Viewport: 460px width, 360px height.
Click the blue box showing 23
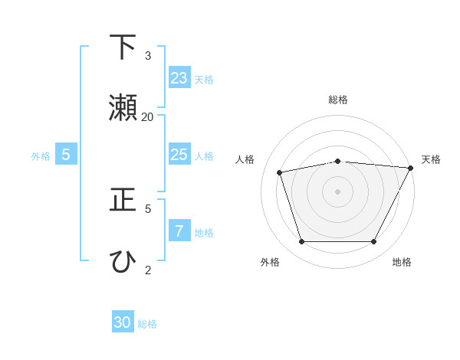pos(179,78)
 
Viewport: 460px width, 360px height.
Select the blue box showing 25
pos(179,155)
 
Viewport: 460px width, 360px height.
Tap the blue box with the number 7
pos(179,231)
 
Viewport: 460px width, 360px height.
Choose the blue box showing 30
pos(123,322)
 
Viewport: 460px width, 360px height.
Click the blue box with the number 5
pos(66,155)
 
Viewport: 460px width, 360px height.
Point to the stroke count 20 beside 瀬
pos(148,116)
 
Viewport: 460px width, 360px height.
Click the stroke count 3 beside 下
pos(148,55)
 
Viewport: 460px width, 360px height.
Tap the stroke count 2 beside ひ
pos(148,270)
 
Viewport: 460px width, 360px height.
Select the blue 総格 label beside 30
pos(147,324)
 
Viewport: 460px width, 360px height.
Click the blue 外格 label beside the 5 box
pos(41,156)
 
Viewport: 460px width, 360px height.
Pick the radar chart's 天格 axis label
pos(431,159)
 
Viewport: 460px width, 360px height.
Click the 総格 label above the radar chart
pos(337,100)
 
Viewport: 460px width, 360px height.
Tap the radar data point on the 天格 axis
pos(411,168)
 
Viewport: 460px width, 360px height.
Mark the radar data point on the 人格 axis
pos(280,172)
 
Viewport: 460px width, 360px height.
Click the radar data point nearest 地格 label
pos(373,241)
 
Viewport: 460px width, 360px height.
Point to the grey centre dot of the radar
pos(337,191)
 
